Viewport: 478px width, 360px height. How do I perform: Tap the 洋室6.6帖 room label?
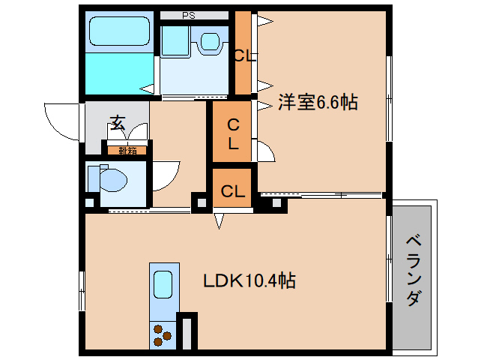click(x=318, y=103)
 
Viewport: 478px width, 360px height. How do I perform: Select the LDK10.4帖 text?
click(x=249, y=282)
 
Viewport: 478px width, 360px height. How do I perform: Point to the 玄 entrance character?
click(x=118, y=122)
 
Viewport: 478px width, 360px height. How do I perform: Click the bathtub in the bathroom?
click(x=119, y=32)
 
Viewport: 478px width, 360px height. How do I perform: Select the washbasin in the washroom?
click(x=211, y=41)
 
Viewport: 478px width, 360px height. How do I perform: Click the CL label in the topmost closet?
click(x=243, y=55)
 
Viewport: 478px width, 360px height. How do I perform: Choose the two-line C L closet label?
click(x=233, y=133)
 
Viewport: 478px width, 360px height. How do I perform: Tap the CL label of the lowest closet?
click(x=233, y=191)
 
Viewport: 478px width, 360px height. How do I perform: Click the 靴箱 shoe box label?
click(x=127, y=150)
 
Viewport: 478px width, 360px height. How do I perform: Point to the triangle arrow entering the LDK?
click(x=219, y=220)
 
